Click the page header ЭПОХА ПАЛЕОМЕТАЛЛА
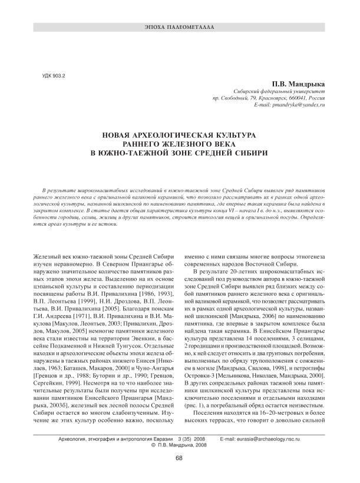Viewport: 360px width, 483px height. [179, 28]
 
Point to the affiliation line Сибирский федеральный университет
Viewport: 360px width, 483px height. [283, 92]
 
